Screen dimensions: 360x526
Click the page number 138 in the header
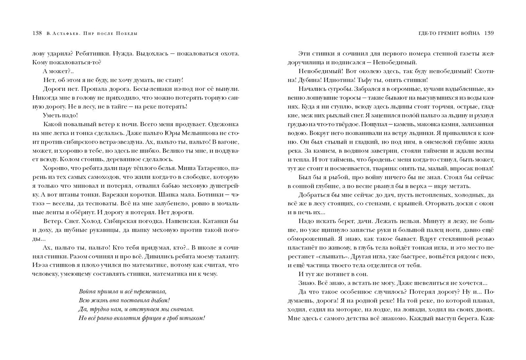pyautogui.click(x=37, y=33)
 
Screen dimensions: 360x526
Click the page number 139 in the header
pyautogui.click(x=490, y=33)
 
